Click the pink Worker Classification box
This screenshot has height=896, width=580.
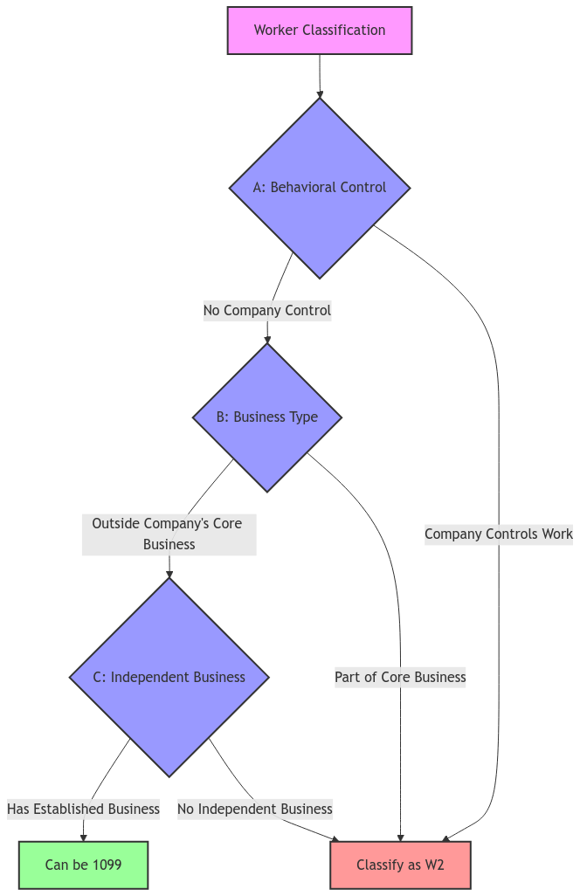(x=319, y=31)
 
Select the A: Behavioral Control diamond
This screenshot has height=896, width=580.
(x=319, y=188)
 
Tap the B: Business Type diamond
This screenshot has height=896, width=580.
(x=266, y=417)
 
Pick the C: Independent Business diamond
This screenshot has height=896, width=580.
(x=169, y=677)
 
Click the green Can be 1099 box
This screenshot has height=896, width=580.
(x=83, y=865)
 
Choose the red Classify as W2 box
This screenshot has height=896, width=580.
(x=400, y=865)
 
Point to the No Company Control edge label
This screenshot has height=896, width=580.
(x=266, y=310)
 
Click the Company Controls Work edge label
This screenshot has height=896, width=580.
(x=499, y=534)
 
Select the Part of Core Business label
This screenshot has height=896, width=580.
(x=400, y=677)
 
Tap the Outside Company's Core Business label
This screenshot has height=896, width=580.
(x=169, y=534)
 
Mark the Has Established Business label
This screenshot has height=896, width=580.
(x=83, y=809)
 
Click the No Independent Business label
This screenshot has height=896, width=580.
(x=254, y=809)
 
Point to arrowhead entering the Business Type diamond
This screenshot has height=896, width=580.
(x=266, y=340)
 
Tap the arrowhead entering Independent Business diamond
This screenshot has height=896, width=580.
(x=169, y=574)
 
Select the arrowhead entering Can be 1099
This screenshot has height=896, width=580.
(x=83, y=837)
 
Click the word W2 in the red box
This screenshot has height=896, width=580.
(x=434, y=865)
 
